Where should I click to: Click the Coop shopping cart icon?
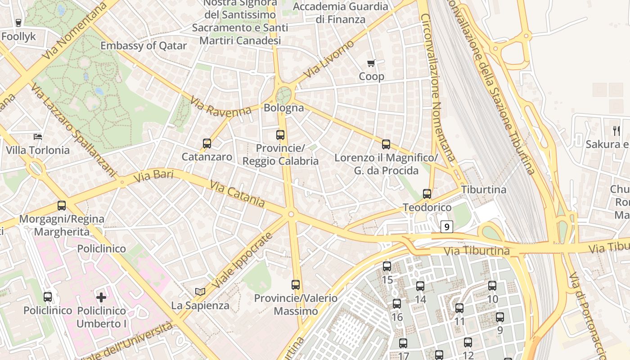point(371,63)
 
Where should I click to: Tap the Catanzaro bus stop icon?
point(207,144)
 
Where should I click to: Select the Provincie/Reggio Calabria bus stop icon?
point(280,135)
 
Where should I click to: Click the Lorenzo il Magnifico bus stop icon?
point(386,144)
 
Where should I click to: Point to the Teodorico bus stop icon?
point(427,194)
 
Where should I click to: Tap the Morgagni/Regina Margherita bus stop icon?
point(62,206)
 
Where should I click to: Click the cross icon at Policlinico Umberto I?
point(101,297)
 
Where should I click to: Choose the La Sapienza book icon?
point(200,292)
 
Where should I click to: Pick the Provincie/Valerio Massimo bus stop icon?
point(296,284)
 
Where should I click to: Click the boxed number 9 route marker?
point(446,227)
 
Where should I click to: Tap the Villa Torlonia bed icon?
point(38,136)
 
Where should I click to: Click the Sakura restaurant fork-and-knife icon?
point(616,131)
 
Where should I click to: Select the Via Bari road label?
point(153,176)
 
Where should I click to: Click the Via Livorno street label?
point(329,59)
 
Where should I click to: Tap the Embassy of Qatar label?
point(143,45)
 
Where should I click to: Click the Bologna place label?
point(283,108)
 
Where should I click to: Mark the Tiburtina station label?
point(484,189)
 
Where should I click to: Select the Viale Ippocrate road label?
point(242,261)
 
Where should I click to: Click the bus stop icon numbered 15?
point(387,266)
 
